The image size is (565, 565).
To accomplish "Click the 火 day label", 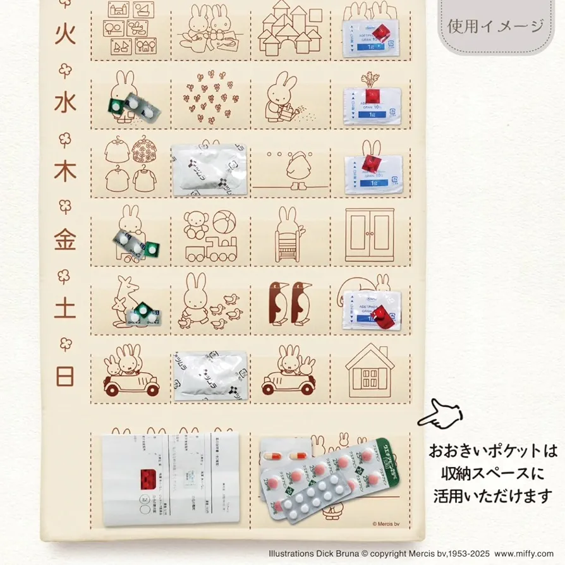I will coord(65,33).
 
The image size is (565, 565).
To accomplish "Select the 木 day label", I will coord(65,170).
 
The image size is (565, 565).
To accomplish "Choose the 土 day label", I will coord(65,308).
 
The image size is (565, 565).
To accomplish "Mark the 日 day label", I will coord(65,376).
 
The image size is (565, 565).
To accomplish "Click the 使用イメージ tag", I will coord(495,26).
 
